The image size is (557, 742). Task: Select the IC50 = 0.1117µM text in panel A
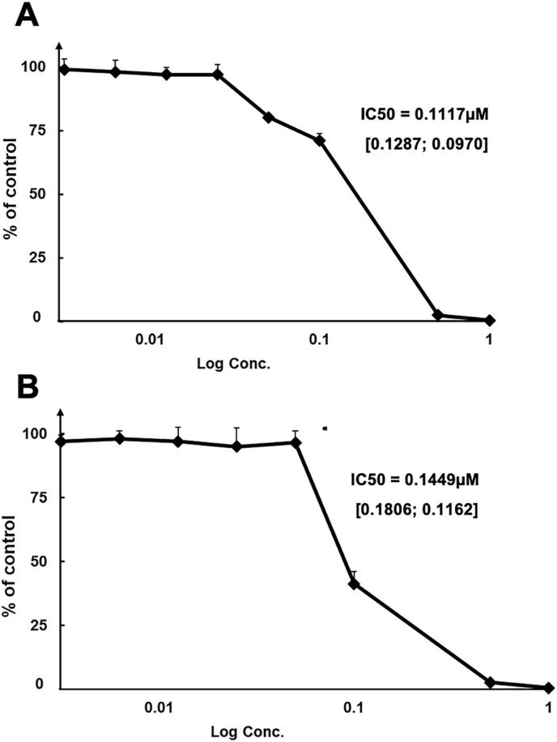pyautogui.click(x=425, y=115)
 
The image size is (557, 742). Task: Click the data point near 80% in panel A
pyautogui.click(x=268, y=117)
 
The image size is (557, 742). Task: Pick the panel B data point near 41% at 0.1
pyautogui.click(x=353, y=583)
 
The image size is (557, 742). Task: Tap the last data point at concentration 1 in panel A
pyautogui.click(x=490, y=321)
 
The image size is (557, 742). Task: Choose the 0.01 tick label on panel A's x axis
pyautogui.click(x=146, y=339)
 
